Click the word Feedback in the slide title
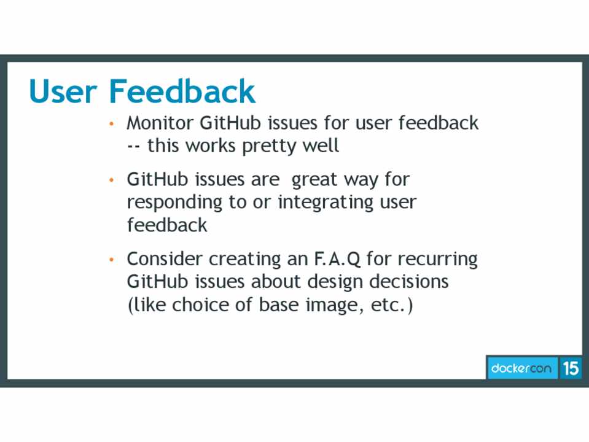[182, 91]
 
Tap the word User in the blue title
[63, 91]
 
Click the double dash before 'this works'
[133, 147]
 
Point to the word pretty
[263, 147]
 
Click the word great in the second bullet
[314, 180]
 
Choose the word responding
[174, 203]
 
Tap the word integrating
[326, 203]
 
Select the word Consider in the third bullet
[165, 259]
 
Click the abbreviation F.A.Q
[337, 259]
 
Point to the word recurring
[438, 260]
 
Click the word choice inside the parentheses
[200, 304]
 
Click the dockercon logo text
[521, 368]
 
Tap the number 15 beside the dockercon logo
[571, 368]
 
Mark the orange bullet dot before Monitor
[111, 123]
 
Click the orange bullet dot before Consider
[111, 260]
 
